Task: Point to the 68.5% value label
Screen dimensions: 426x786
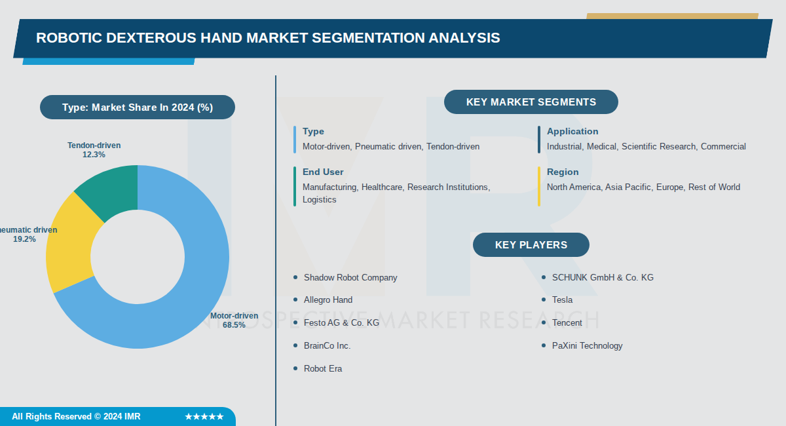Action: [234, 325]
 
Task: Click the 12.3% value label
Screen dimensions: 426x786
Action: [94, 155]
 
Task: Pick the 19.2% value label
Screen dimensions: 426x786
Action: [24, 239]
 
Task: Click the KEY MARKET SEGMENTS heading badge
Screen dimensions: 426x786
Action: [531, 102]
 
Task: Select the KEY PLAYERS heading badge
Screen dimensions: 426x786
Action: [531, 245]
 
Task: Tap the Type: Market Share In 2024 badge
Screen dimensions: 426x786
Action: [137, 107]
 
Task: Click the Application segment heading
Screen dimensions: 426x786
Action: [572, 132]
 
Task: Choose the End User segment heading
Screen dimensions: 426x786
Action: [323, 172]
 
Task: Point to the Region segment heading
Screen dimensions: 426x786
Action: [563, 172]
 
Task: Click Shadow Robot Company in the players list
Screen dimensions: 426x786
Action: [350, 278]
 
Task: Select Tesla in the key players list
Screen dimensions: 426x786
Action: [562, 300]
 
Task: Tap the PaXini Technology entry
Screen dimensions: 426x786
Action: [587, 346]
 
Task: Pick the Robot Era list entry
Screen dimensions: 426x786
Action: [323, 369]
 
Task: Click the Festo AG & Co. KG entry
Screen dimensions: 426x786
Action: [341, 323]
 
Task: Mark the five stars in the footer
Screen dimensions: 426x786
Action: [204, 417]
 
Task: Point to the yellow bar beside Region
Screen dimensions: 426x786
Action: [539, 186]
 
